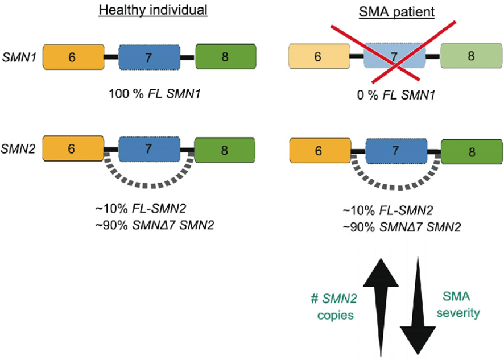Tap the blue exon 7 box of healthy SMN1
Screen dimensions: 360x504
[x=149, y=57]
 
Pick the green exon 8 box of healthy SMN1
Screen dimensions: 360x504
[x=225, y=57]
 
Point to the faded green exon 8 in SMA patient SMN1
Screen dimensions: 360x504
[x=470, y=56]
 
